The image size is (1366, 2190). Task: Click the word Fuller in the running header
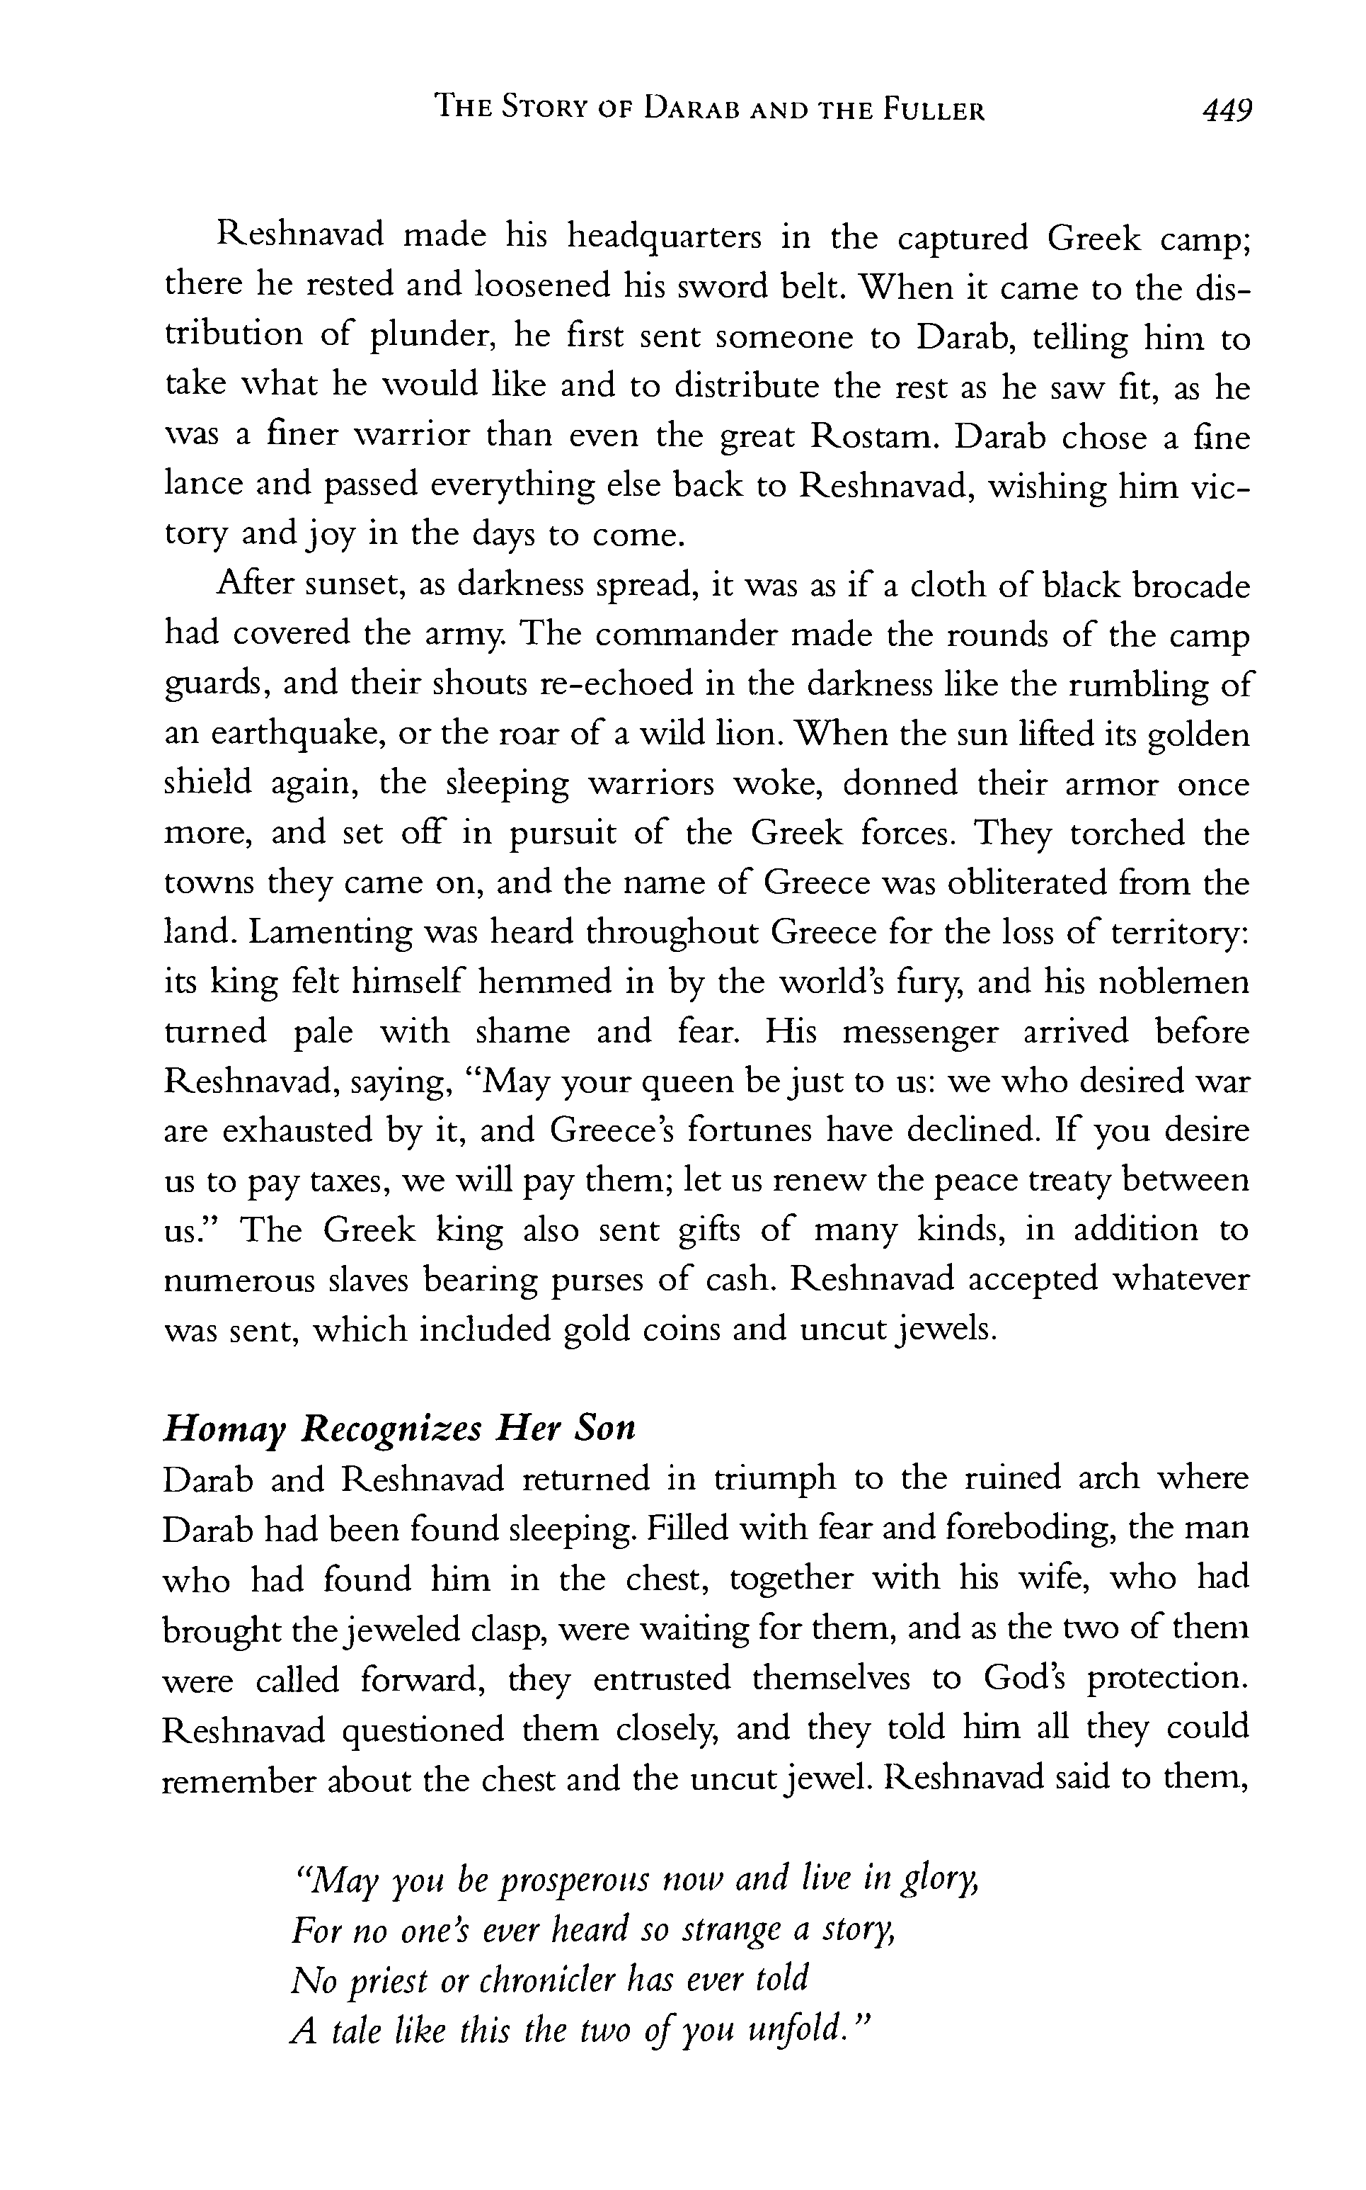click(934, 111)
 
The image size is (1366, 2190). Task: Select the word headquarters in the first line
click(664, 238)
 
